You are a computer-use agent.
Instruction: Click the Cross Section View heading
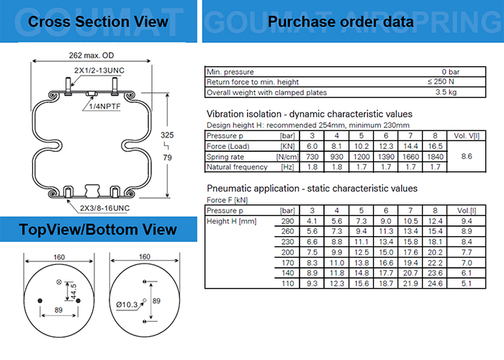(x=98, y=22)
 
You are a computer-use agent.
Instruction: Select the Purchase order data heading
(x=341, y=22)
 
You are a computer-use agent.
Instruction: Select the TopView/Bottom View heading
(x=98, y=230)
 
